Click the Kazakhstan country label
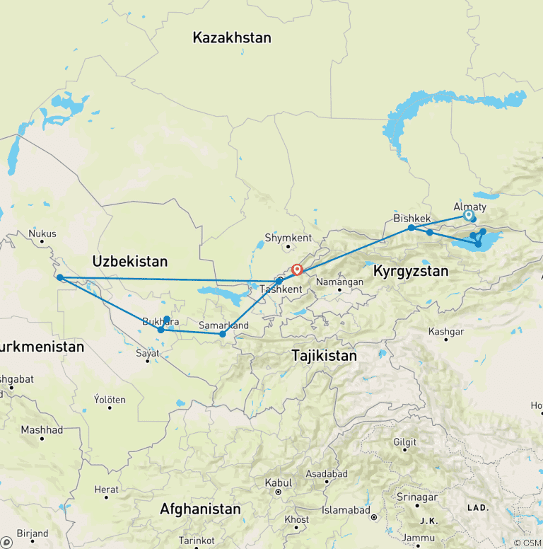pyautogui.click(x=231, y=38)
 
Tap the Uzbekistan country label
pyautogui.click(x=129, y=262)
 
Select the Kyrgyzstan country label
pyautogui.click(x=411, y=270)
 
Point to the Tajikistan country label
pyautogui.click(x=325, y=356)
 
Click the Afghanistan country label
pyautogui.click(x=200, y=509)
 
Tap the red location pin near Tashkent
pyautogui.click(x=297, y=270)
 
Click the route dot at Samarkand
pyautogui.click(x=223, y=334)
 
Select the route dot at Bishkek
pyautogui.click(x=411, y=228)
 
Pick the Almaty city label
pyautogui.click(x=469, y=207)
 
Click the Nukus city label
pyautogui.click(x=42, y=234)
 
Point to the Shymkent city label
pyautogui.click(x=288, y=238)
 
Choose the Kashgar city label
pyautogui.click(x=447, y=331)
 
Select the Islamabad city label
pyautogui.click(x=346, y=510)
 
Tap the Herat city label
pyautogui.click(x=107, y=490)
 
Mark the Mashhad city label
pyautogui.click(x=42, y=429)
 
